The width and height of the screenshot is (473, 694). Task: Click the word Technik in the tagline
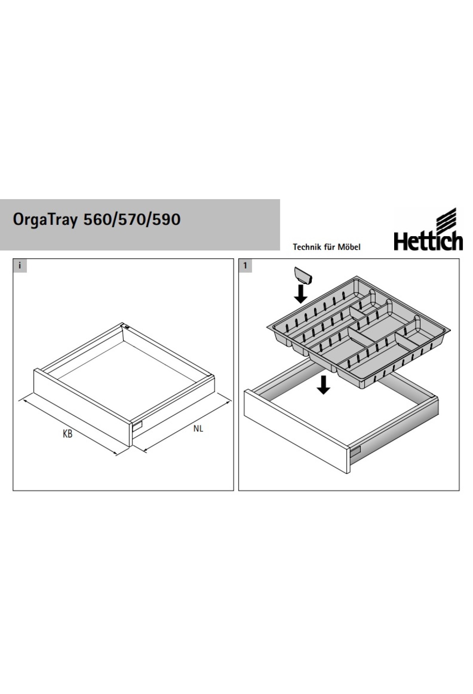point(305,247)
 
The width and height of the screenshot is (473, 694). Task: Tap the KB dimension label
point(67,434)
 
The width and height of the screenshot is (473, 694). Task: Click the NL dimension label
point(198,428)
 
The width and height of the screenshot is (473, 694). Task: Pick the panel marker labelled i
point(20,265)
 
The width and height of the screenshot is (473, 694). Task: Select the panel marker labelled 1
point(245,265)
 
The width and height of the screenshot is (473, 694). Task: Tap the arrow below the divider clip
point(301,294)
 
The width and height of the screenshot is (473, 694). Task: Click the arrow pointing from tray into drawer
point(324,384)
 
